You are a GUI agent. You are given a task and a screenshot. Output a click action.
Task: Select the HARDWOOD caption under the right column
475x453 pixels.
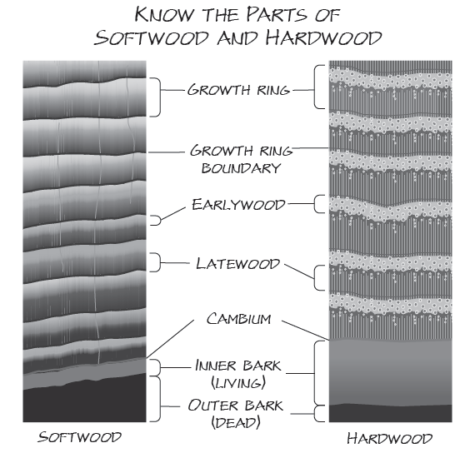(391, 437)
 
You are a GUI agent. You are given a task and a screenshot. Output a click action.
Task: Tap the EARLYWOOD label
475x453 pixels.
(238, 203)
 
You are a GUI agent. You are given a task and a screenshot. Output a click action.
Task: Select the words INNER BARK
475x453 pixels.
(238, 366)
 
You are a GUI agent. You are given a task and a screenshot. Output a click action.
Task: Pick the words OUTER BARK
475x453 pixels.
(238, 406)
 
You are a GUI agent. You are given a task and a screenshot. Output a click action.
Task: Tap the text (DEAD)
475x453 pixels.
(238, 422)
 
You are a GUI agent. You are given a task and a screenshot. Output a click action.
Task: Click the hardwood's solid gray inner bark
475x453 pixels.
(391, 371)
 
